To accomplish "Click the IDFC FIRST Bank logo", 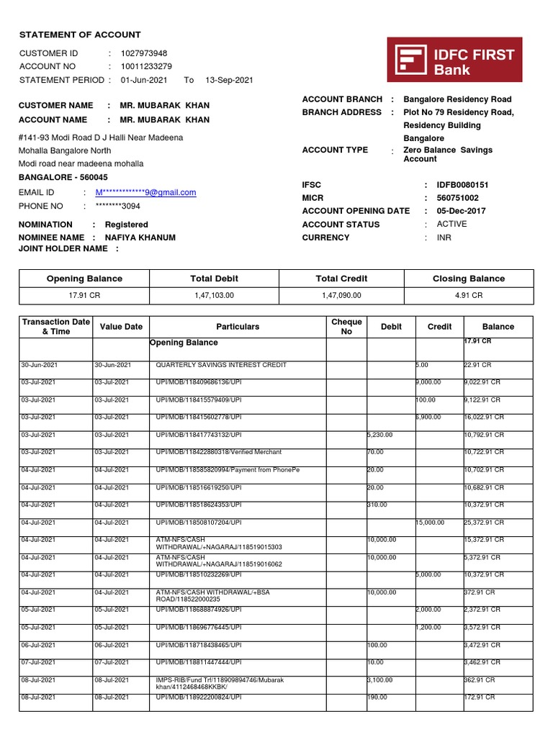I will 455,60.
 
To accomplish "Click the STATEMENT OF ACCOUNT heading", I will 80,35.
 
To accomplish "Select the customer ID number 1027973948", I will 144,53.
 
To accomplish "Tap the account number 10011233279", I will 146,66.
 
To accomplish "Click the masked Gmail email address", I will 145,192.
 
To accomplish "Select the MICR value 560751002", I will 457,198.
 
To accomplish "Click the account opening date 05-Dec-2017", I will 461,211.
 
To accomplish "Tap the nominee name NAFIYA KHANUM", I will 140,238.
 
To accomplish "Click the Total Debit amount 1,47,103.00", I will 214,295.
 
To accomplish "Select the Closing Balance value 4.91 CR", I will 469,295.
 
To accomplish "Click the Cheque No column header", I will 346,327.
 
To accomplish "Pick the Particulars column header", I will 238,327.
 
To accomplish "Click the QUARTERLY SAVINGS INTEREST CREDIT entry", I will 221,365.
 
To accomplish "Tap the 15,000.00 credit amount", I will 430,523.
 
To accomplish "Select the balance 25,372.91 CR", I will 484,523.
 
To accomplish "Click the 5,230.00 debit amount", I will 380,435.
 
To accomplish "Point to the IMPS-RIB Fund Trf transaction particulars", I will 220,683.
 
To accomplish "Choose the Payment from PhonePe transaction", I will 228,470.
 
